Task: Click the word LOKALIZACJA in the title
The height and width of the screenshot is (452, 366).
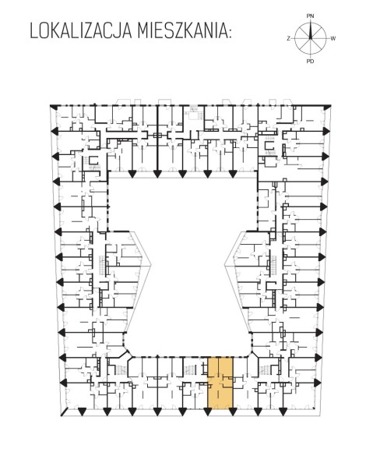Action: coord(81,31)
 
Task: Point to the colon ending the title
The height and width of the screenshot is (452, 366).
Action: coord(229,34)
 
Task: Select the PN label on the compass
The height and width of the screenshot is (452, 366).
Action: coord(310,16)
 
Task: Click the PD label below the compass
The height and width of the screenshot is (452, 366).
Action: coord(310,61)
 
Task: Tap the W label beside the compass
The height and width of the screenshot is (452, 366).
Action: coord(333,39)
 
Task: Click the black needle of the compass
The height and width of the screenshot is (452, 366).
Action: coord(311,31)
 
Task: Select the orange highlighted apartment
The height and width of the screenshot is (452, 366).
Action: coord(220,383)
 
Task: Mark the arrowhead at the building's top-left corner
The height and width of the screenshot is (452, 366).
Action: coord(53,107)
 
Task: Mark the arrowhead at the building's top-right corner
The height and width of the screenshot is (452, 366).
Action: coord(327,108)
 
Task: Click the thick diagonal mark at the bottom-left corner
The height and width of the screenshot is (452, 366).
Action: coord(65,412)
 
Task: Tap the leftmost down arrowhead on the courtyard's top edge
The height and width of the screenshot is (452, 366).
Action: coord(132,174)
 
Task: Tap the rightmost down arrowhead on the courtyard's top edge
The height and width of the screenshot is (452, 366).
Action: coord(232,174)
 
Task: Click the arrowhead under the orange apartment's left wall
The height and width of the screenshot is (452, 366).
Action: coord(208,412)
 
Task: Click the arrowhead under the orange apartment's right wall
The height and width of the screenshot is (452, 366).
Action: coord(233,412)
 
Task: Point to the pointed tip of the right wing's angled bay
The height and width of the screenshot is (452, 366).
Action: coord(225,263)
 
